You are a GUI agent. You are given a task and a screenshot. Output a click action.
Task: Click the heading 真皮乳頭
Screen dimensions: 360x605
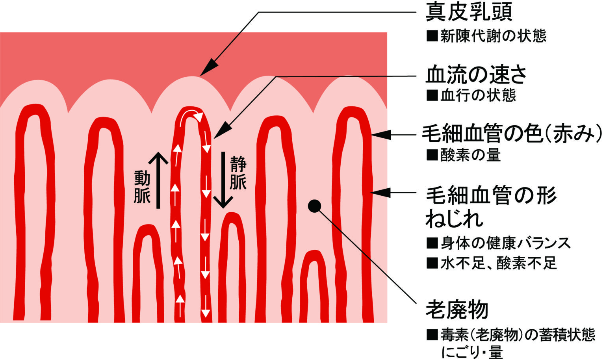[x=469, y=12]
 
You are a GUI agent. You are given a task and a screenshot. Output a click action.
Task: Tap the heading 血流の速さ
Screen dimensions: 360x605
[x=476, y=74]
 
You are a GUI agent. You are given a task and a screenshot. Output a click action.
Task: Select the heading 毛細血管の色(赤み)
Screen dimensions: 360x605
[x=512, y=134]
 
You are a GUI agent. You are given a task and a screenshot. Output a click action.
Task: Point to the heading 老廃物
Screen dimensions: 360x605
[x=457, y=310]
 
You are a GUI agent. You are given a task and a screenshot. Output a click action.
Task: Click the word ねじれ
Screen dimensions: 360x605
[x=454, y=219]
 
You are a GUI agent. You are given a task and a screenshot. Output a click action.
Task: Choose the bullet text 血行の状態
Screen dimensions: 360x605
[x=478, y=95]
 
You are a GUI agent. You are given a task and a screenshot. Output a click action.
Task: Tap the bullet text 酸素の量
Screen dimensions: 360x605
[x=470, y=155]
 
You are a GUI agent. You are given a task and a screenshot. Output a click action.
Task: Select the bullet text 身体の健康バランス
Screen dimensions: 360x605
[x=505, y=243]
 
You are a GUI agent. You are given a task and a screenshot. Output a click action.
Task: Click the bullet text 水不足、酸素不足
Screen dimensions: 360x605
[x=498, y=263]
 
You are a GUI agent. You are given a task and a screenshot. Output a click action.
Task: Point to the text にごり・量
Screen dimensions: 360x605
[x=472, y=352]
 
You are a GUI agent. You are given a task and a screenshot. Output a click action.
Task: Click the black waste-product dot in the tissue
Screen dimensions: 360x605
[x=314, y=206]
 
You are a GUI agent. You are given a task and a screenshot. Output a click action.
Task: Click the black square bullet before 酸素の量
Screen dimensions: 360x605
[x=432, y=155]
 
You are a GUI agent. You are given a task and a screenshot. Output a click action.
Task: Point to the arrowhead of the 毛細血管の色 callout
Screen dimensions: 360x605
[x=380, y=135]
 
